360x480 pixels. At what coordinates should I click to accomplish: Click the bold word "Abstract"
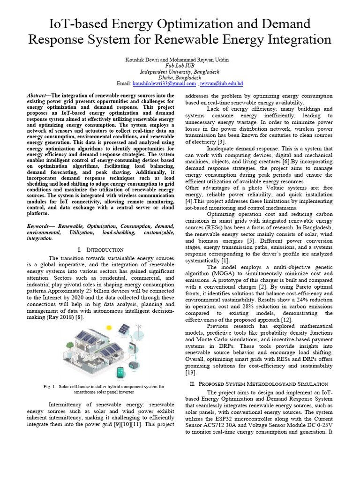(38, 95)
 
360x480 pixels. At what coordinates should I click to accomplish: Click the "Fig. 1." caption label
(50, 387)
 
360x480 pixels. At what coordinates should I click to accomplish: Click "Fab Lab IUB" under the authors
(180, 66)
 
